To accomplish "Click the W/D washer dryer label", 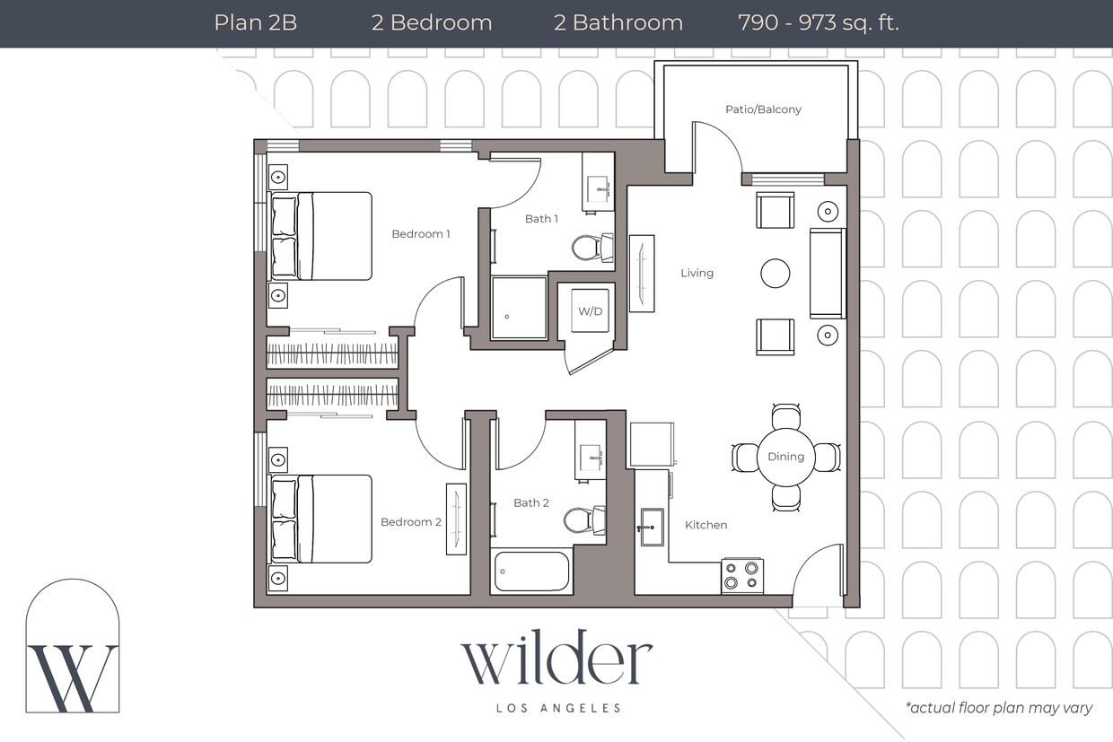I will coord(590,311).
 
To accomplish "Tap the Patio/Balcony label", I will coord(763,109).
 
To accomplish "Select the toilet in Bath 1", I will coord(592,248).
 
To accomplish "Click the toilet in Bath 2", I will coord(583,520).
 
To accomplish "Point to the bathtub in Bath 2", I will coord(531,572).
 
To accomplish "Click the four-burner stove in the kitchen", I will coord(742,575).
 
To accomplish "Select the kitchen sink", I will coord(652,528).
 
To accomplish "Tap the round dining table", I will coord(785,457).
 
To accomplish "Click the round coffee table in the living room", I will coord(776,274).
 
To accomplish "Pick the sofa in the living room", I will coord(827,273).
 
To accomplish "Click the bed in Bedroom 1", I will coord(323,236).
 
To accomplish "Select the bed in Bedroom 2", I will coord(323,519).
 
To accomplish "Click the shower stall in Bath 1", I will coord(519,308).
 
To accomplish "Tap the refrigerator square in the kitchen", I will coord(652,444).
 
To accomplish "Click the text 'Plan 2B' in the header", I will coord(255,22).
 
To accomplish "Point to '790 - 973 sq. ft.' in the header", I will coord(818,22).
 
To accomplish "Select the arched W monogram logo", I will coord(73,648).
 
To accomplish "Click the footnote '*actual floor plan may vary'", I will coord(999,708).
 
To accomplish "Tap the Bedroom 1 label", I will coord(421,234).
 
